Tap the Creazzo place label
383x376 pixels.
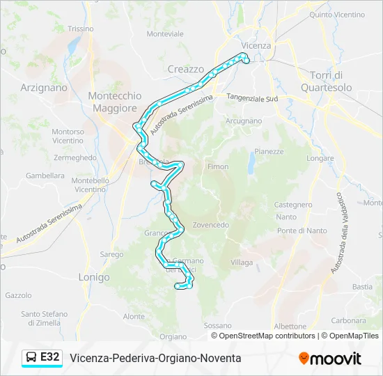tap(186, 69)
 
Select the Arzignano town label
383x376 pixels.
tap(44, 88)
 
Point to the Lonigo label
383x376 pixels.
tap(94, 277)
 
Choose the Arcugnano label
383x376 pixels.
tap(243, 120)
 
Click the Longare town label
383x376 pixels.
tap(320, 158)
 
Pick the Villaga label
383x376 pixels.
tap(242, 263)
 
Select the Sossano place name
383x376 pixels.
tap(217, 325)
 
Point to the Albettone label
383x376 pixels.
tap(290, 326)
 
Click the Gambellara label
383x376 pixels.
tap(45, 176)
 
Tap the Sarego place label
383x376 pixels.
tap(111, 255)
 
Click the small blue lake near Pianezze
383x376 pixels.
tap(251, 164)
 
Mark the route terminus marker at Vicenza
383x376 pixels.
tap(245, 61)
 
